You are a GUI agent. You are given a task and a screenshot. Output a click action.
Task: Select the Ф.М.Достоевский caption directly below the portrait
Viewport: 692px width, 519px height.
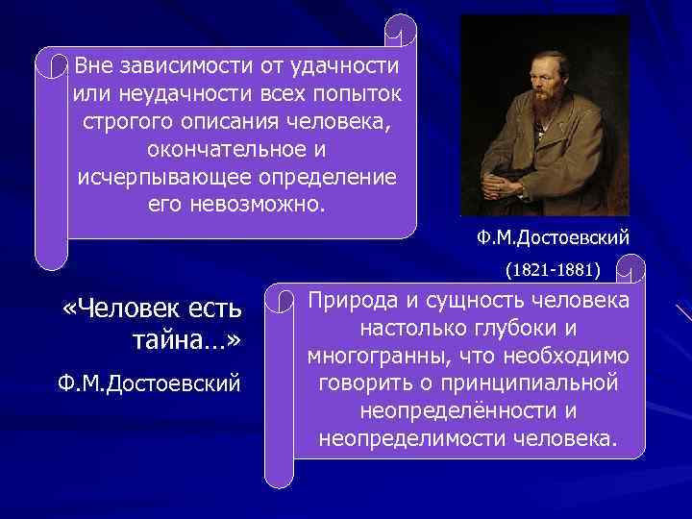(552, 236)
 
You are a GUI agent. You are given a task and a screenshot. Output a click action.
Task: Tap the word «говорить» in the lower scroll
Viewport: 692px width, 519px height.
(358, 383)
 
